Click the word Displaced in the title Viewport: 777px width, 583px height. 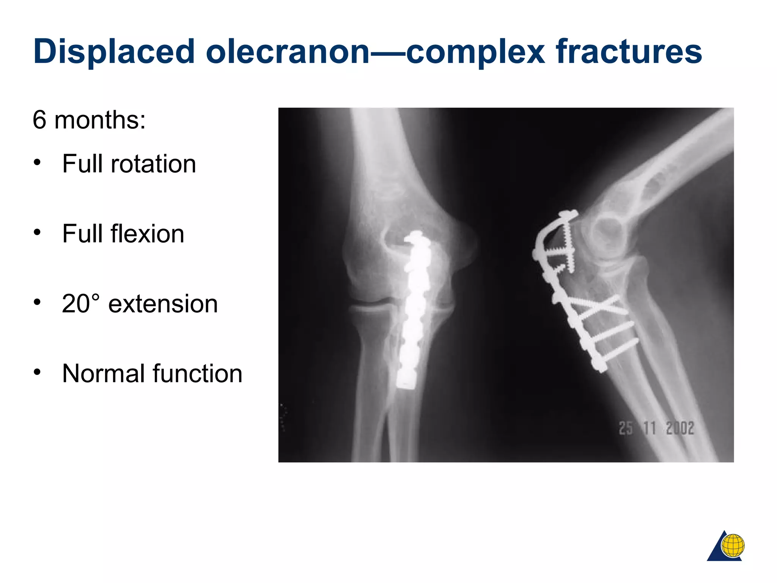[114, 52]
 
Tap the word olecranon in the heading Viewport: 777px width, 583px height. [288, 52]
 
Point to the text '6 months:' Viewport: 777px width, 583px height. [89, 120]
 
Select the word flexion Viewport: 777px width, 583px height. [147, 234]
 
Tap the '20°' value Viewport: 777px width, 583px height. [80, 304]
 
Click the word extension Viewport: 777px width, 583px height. [163, 304]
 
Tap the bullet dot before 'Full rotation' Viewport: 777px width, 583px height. [37, 162]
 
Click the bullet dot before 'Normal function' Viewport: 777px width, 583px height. [37, 372]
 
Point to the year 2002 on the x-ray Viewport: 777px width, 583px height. [680, 428]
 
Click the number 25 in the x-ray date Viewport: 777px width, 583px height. [626, 428]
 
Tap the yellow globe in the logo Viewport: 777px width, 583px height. [733, 546]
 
